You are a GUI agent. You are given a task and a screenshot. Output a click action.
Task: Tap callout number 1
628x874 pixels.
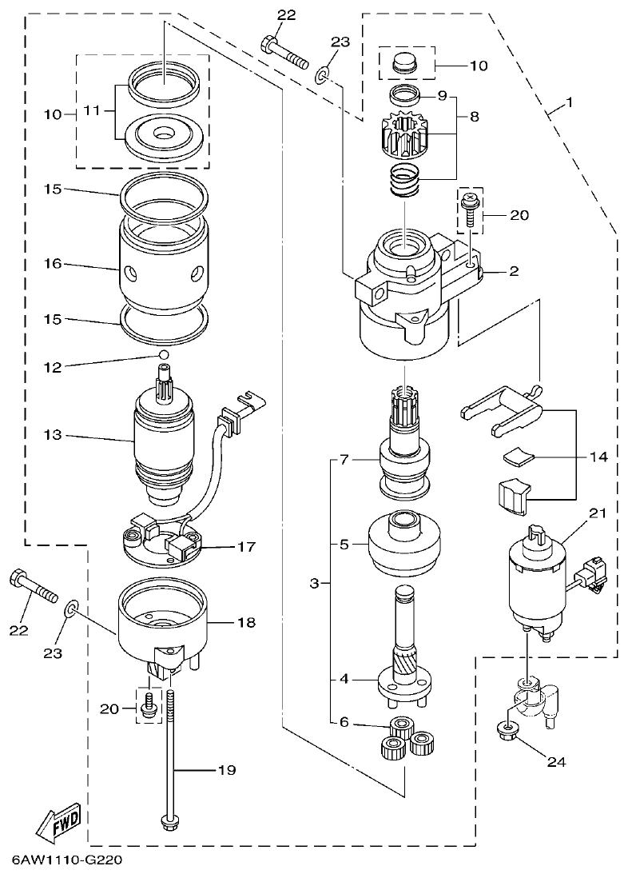pyautogui.click(x=570, y=103)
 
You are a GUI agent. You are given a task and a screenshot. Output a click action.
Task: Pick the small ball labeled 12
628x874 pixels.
pyautogui.click(x=164, y=353)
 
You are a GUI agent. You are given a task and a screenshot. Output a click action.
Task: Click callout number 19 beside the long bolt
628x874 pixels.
pyautogui.click(x=227, y=770)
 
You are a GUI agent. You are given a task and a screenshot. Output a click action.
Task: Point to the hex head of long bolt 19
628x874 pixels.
pyautogui.click(x=169, y=821)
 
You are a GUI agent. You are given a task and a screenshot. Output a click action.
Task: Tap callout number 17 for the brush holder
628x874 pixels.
pyautogui.click(x=245, y=547)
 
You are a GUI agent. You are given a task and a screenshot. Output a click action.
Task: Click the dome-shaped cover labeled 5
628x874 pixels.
pyautogui.click(x=405, y=545)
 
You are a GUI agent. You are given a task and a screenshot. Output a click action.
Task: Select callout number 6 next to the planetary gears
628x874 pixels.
pyautogui.click(x=344, y=721)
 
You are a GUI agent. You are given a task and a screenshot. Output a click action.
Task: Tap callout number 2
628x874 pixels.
pyautogui.click(x=514, y=271)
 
